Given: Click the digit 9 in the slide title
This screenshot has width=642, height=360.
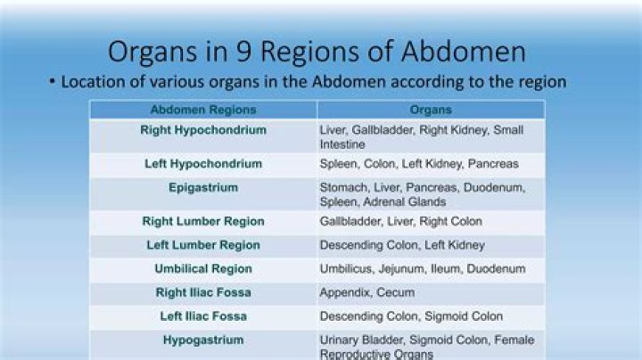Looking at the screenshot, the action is click(x=243, y=52).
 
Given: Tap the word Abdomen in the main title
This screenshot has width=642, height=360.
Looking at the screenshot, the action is click(x=463, y=52).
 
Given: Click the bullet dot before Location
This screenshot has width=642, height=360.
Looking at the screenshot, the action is click(x=52, y=81).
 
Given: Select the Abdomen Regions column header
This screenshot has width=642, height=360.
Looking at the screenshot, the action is click(x=203, y=110).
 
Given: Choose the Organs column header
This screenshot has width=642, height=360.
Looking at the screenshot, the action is click(x=431, y=110).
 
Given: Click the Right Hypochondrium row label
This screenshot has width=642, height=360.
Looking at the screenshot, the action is click(x=203, y=130).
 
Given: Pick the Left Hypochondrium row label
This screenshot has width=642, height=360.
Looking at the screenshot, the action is click(x=203, y=164).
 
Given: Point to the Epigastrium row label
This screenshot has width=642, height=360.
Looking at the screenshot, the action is click(x=203, y=188).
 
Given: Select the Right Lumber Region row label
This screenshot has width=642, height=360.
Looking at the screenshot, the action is click(x=203, y=221).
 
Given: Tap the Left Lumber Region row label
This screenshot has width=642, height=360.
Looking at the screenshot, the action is click(x=203, y=245).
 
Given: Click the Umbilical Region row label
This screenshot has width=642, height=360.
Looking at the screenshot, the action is click(x=203, y=269).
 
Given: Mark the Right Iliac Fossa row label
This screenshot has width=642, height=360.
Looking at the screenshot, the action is click(x=203, y=292).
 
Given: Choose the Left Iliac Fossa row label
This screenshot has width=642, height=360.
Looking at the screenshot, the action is click(x=203, y=316).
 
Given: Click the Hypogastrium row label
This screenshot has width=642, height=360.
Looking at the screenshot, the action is click(x=203, y=340).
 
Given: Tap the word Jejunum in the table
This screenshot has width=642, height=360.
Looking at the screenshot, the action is click(x=401, y=269).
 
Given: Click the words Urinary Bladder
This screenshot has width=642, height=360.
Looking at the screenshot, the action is click(x=362, y=340).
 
